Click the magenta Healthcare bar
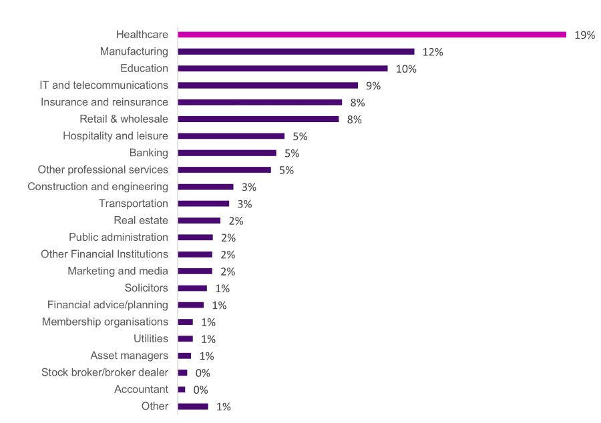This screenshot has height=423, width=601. point(372,35)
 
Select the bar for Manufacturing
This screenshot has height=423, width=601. point(296,51)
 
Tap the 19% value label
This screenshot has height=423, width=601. point(584,35)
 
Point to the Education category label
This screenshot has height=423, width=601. point(144,68)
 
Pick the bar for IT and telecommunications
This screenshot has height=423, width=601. point(268,85)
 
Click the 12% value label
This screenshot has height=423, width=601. point(433,52)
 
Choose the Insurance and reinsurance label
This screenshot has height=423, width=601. point(104,102)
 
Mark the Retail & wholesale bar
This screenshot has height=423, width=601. point(258,119)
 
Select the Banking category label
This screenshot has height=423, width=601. point(149,153)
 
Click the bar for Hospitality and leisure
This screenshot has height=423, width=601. point(231,136)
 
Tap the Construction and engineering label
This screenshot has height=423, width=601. point(97,187)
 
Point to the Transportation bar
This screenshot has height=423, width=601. point(204,203)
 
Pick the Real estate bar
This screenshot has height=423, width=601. point(199,220)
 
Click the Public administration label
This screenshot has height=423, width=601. point(118,238)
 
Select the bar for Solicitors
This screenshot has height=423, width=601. point(192,288)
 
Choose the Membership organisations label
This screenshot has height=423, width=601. point(105,322)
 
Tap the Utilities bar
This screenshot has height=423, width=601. point(186,339)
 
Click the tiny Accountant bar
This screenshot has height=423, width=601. point(182,390)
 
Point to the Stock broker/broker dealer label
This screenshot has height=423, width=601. point(105,372)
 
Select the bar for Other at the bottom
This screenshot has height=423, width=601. point(193,406)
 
